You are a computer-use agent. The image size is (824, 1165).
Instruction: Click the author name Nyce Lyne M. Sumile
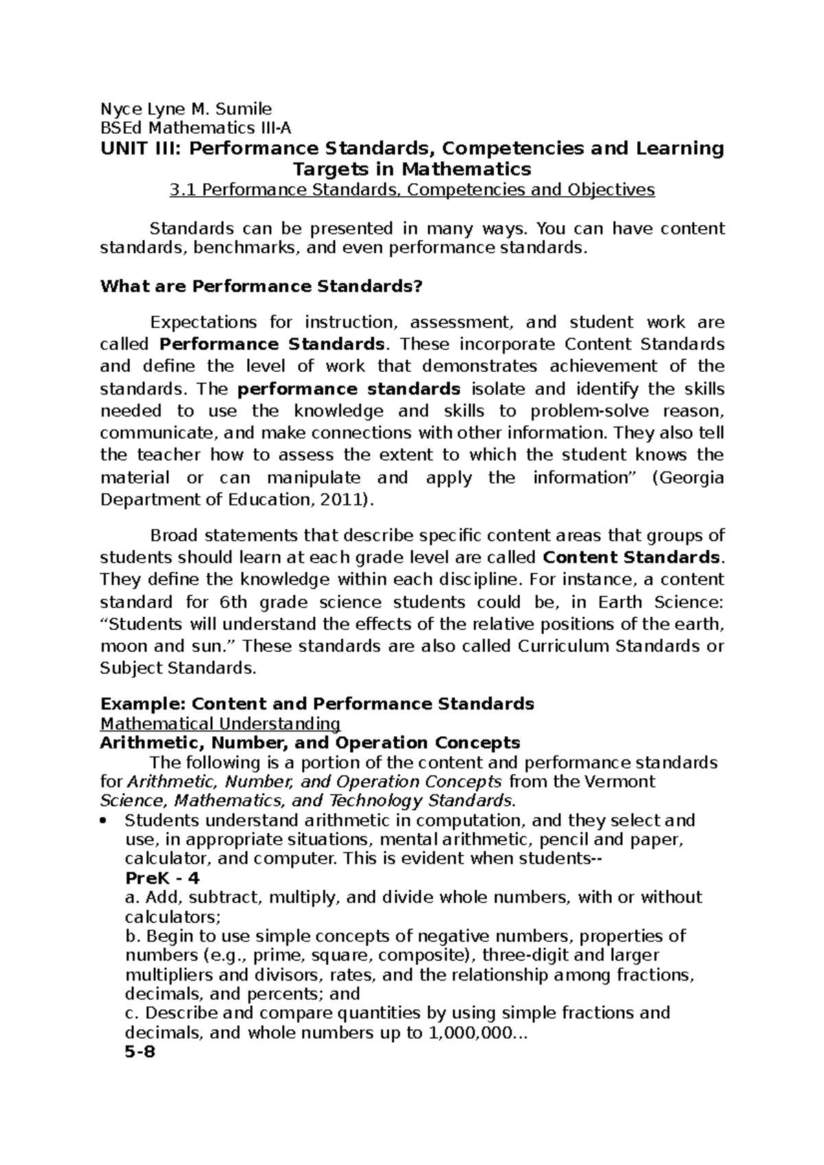(x=186, y=108)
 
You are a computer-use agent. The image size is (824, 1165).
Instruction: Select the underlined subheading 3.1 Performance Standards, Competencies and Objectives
(x=412, y=189)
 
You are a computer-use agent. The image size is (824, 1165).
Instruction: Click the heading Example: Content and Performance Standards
(x=317, y=703)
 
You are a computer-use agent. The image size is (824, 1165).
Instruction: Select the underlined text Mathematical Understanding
(x=220, y=723)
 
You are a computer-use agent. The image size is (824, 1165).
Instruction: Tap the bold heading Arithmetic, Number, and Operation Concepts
(x=310, y=742)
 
